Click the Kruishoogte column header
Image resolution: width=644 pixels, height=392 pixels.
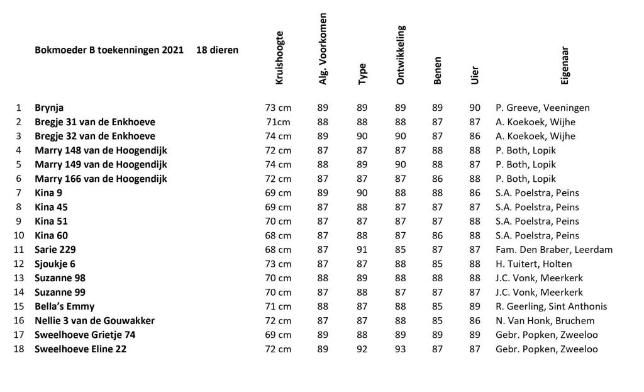279,58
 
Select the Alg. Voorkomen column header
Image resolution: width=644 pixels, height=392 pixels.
323,48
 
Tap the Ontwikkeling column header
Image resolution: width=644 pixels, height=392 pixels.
401,55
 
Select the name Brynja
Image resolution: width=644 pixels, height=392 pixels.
49,108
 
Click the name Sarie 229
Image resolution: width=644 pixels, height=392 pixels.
55,250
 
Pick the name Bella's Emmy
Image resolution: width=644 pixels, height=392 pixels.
65,306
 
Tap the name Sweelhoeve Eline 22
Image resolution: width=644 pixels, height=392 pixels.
80,349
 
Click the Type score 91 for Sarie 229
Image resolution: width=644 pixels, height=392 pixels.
362,250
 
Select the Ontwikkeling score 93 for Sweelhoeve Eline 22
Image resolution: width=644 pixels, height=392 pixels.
401,349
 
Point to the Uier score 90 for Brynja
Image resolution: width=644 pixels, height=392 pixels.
475,108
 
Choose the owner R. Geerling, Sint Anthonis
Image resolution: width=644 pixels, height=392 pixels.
552,306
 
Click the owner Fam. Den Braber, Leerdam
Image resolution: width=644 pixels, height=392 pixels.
554,250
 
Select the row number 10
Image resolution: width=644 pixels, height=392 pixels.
18,235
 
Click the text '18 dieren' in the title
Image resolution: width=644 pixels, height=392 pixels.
218,50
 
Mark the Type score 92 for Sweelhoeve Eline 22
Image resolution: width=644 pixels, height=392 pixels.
362,349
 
